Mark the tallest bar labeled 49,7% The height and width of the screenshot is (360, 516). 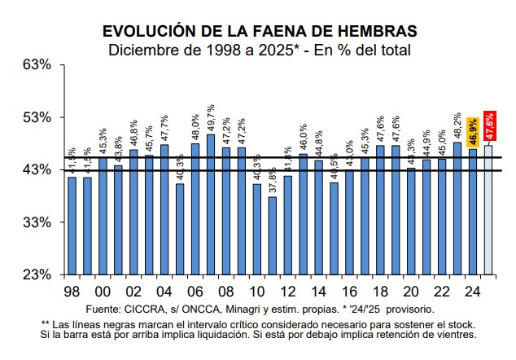(211, 204)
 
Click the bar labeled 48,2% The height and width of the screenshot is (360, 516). (457, 208)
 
